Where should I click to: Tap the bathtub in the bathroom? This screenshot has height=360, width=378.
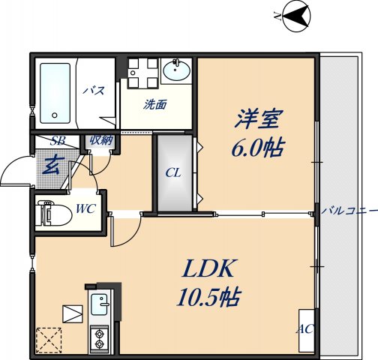point(55,91)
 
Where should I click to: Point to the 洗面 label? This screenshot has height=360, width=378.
point(155,105)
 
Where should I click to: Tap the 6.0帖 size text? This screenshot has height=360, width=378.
point(256,148)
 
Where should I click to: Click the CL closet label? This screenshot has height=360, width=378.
point(173,173)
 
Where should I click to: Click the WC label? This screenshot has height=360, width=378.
point(85,208)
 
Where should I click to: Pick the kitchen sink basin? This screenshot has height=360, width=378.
point(100,305)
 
